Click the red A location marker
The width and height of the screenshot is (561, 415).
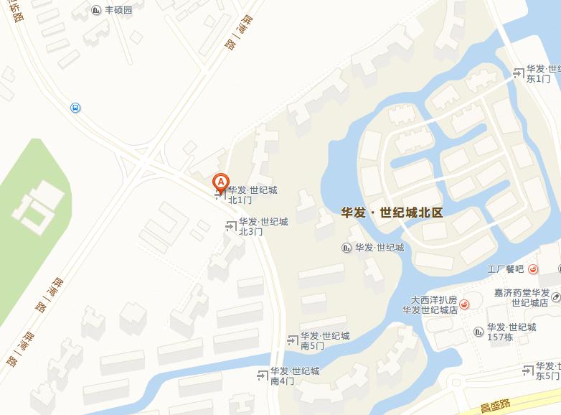click(222, 182)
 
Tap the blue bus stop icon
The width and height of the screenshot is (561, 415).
click(75, 108)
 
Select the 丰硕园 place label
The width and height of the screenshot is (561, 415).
click(118, 10)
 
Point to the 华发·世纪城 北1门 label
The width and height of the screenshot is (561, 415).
click(251, 195)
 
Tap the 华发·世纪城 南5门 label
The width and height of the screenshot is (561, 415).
click(324, 340)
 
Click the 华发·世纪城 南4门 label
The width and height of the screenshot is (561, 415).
click(294, 376)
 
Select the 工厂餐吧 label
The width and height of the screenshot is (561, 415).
click(505, 270)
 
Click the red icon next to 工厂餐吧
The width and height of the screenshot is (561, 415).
click(533, 270)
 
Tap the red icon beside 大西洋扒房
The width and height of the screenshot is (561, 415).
click(465, 304)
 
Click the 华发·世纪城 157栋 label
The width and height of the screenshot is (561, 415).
click(511, 332)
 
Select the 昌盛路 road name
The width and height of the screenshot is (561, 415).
click(496, 407)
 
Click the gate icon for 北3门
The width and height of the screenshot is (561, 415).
click(231, 226)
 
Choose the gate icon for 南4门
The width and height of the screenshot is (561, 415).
click(263, 376)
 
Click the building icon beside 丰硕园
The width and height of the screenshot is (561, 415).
click(97, 10)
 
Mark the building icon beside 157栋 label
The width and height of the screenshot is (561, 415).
click(479, 331)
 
